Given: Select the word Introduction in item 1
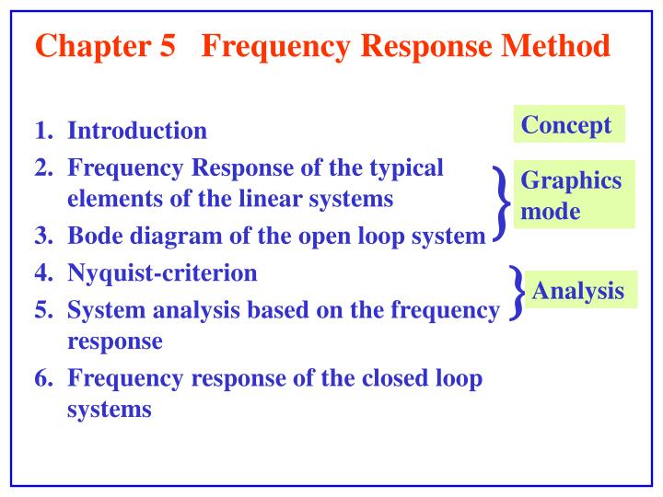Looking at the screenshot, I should (x=137, y=131).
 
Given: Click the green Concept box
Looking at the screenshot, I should (x=568, y=124).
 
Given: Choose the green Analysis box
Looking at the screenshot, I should (x=578, y=292).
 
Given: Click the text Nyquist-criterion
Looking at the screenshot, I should (x=163, y=272).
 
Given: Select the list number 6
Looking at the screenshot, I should (x=43, y=378).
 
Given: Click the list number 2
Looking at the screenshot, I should (x=43, y=168).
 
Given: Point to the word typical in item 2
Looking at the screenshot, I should (x=404, y=168).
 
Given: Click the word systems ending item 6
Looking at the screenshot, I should (x=109, y=410).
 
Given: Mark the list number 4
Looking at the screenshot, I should (x=43, y=272).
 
